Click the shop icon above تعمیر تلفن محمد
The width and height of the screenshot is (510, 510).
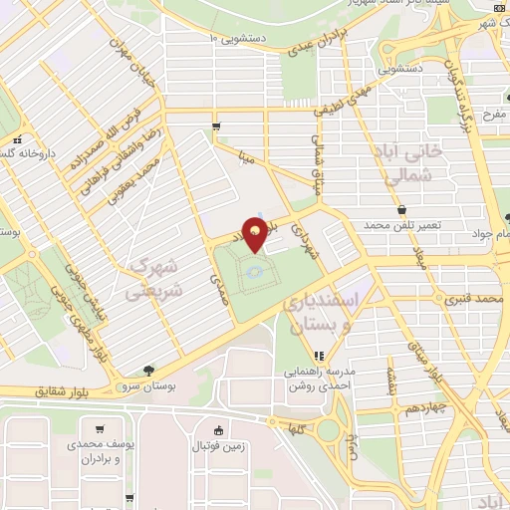tap(400, 210)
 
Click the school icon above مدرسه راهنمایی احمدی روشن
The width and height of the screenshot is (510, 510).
tap(319, 356)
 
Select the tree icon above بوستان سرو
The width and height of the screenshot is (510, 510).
tap(148, 370)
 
